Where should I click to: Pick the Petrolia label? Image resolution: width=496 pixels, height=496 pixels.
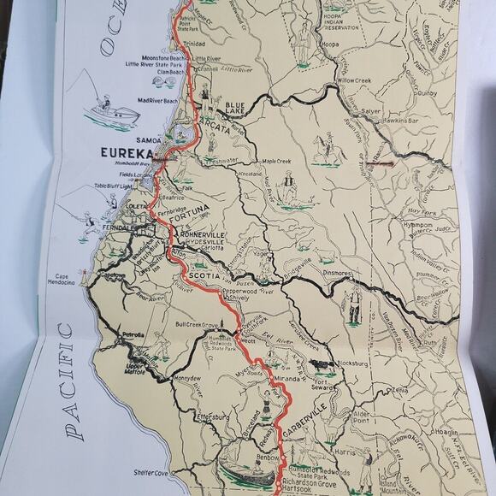[x=133, y=336]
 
